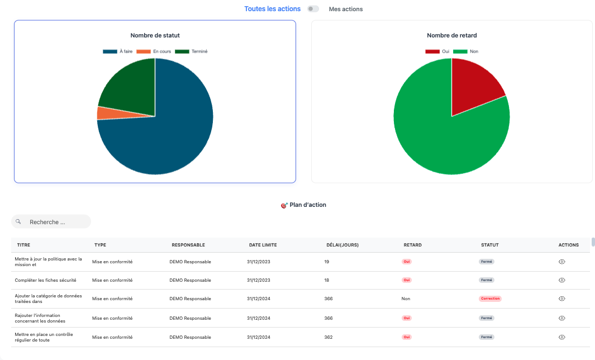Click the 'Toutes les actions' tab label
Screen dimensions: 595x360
[272, 9]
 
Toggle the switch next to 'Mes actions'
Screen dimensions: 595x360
[313, 9]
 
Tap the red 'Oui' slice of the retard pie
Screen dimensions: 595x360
[474, 86]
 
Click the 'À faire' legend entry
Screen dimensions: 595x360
[118, 51]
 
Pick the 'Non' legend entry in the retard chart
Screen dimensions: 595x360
[465, 51]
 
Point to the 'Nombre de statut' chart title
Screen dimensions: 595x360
[155, 35]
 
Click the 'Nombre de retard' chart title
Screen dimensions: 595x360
[451, 35]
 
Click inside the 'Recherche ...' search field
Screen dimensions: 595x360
[51, 222]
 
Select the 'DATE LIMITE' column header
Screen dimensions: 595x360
[263, 245]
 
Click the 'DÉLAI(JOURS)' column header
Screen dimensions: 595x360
[342, 245]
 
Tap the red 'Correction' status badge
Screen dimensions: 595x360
[490, 299]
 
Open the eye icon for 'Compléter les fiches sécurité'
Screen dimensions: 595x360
[562, 280]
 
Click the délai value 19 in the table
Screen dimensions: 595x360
[327, 262]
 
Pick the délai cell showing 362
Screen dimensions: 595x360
[329, 337]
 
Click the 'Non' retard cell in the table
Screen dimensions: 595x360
[406, 299]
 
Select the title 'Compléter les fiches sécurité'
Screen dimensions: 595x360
[46, 280]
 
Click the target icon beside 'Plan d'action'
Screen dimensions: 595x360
[284, 206]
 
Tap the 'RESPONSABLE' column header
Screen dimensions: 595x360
[188, 245]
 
